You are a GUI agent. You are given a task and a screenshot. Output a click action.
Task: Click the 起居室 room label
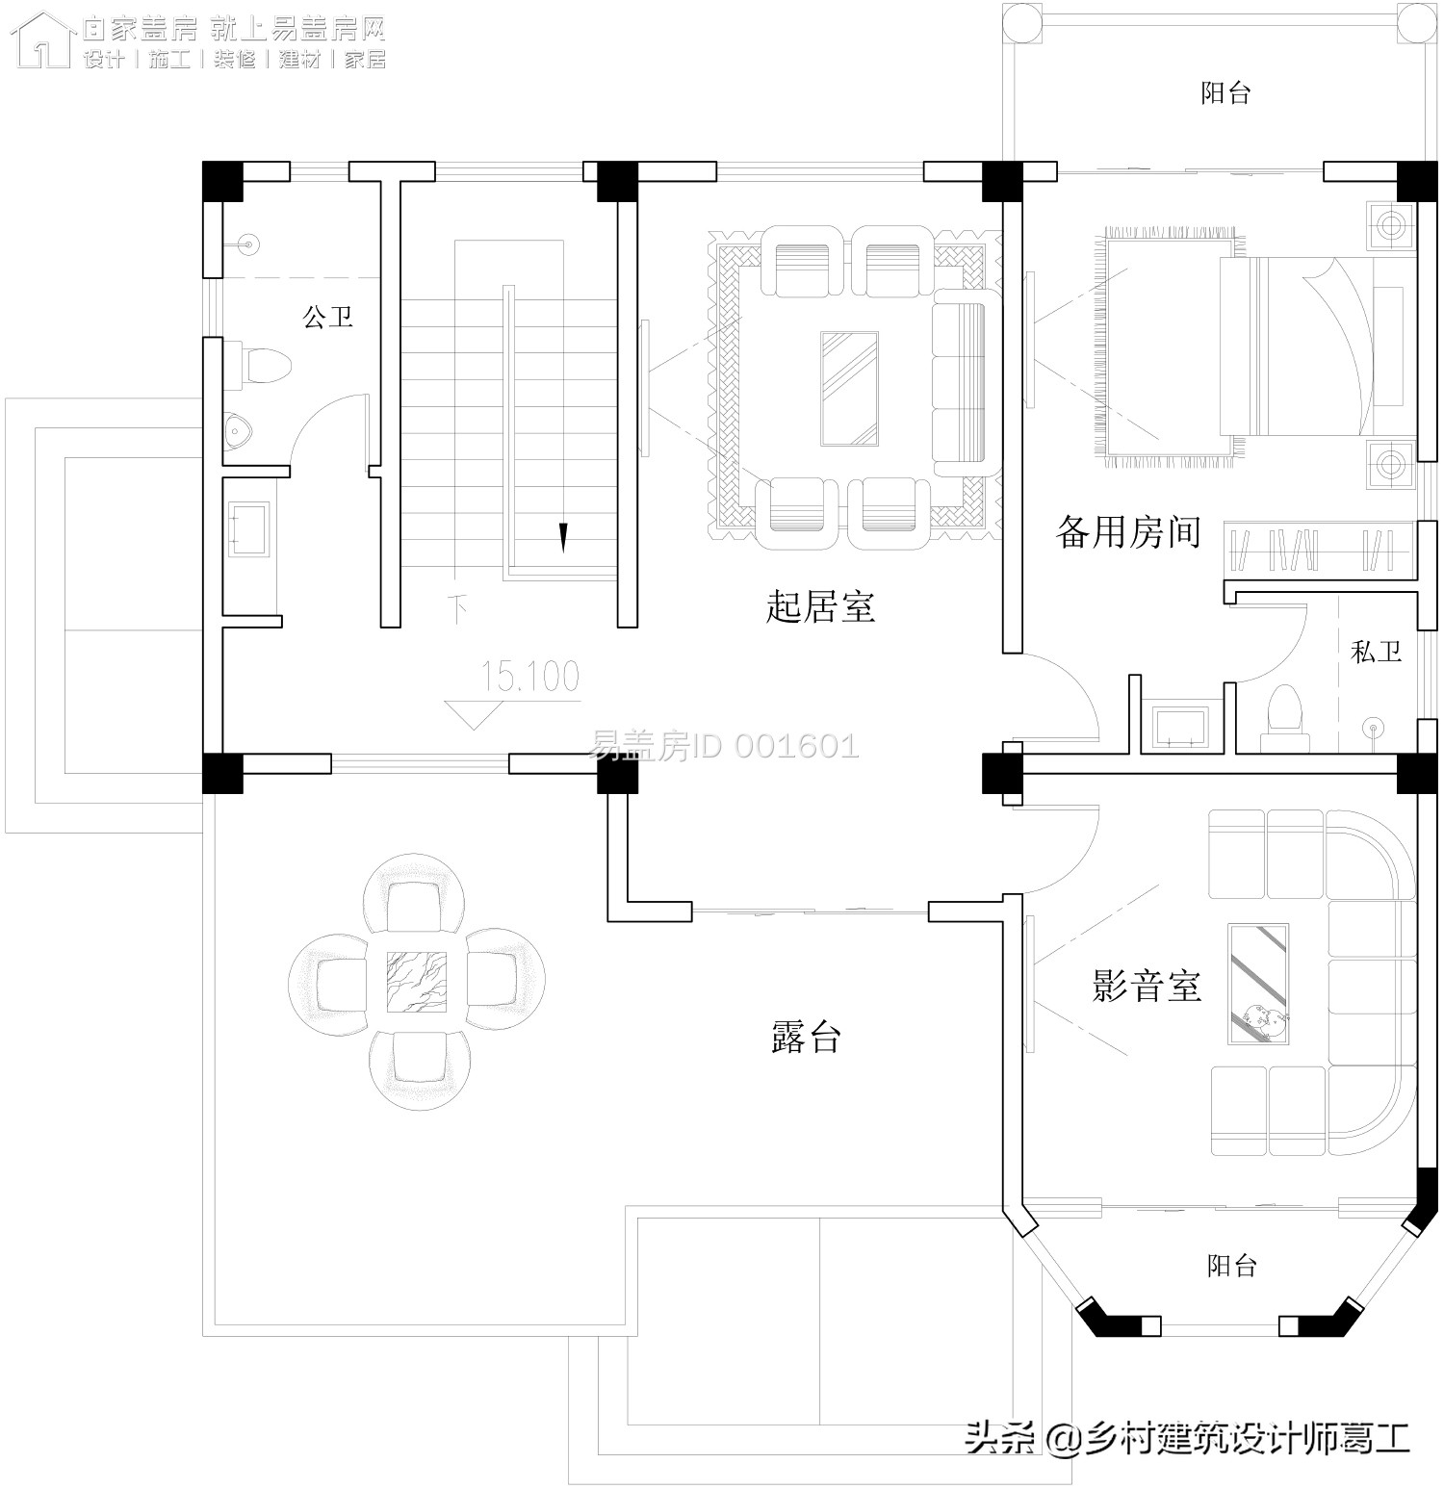click(820, 607)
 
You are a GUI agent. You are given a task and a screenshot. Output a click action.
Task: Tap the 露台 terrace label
click(807, 1038)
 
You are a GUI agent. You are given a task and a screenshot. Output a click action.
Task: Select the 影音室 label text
click(1146, 987)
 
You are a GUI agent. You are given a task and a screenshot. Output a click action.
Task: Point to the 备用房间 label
click(1128, 531)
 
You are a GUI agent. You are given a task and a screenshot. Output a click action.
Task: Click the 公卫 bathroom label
click(328, 317)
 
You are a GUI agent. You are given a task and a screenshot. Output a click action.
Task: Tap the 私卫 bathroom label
click(1376, 652)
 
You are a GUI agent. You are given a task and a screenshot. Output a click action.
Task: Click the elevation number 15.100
click(530, 677)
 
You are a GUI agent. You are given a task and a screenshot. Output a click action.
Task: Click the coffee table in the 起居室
click(849, 389)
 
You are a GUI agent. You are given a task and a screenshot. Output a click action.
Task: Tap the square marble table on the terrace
click(417, 982)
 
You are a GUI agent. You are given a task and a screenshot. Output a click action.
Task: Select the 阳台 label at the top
click(1225, 93)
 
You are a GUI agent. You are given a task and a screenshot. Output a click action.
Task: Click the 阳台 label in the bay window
click(1231, 1265)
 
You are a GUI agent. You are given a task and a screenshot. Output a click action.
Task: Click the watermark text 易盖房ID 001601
click(723, 746)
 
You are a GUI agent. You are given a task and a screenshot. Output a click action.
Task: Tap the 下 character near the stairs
click(459, 607)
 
